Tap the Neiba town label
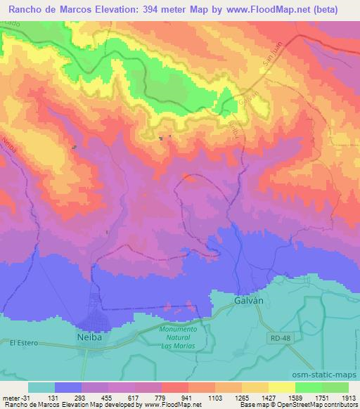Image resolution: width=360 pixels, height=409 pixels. point(90,337)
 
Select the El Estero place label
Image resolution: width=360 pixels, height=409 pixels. point(22,342)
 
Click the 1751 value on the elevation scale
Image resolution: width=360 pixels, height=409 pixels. point(322,397)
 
